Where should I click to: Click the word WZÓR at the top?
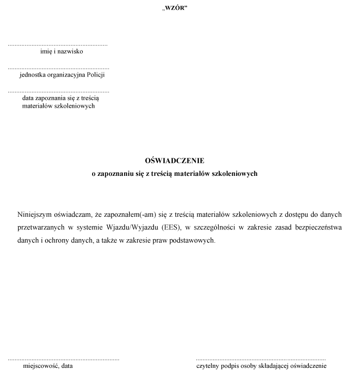[x=174, y=8]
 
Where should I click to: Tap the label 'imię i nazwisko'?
[x=61, y=52]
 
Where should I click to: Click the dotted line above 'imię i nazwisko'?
[x=57, y=45]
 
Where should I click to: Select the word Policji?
[x=95, y=75]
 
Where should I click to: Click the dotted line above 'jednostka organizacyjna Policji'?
[x=58, y=68]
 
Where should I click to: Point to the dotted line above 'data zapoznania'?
[x=58, y=91]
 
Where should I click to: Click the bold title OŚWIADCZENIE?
[x=174, y=160]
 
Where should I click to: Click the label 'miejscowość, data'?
[x=48, y=366]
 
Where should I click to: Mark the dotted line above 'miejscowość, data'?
[x=63, y=359]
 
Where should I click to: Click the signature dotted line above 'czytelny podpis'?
[x=261, y=359]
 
